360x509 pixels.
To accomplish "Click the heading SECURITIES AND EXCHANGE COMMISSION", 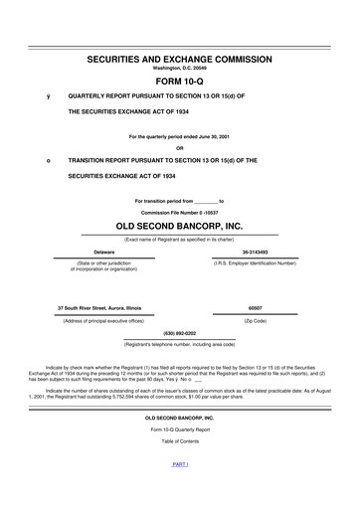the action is coord(180,60).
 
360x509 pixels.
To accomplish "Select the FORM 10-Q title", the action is coord(180,83).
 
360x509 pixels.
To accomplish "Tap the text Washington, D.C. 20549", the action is coord(180,70).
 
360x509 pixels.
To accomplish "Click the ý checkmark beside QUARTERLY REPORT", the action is coord(35,96).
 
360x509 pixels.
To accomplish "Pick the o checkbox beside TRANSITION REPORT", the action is coord(35,159).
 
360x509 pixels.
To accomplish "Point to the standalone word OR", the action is coord(180,147).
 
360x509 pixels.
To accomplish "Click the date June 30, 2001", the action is coord(210,136).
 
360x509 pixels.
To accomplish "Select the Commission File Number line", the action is coord(180,214).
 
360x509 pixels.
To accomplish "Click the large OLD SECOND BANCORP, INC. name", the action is coord(180,228).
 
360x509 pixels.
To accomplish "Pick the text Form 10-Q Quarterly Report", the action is coord(180,428).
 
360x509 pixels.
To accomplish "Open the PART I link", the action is coord(180,464).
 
